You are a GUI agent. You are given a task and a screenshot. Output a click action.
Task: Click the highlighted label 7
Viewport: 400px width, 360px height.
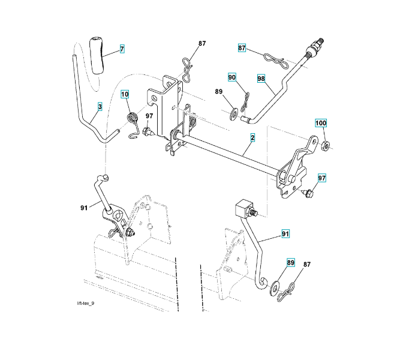[122, 49]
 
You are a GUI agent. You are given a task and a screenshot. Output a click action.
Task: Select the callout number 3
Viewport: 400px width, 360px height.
[100, 106]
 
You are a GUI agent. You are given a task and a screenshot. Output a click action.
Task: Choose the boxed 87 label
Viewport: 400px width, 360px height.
[242, 47]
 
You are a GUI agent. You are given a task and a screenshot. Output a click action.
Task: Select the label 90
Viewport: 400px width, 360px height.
[231, 77]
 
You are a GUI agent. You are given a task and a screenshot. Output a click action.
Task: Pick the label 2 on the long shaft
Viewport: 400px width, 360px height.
[252, 138]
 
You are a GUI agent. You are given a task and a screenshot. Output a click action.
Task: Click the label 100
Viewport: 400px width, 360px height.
[321, 123]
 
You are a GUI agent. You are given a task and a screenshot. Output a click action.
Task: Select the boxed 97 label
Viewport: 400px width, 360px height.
[321, 178]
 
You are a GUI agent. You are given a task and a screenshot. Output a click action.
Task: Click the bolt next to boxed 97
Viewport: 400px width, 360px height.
[308, 192]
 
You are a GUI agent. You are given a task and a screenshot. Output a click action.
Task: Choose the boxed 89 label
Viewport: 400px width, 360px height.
[290, 263]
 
